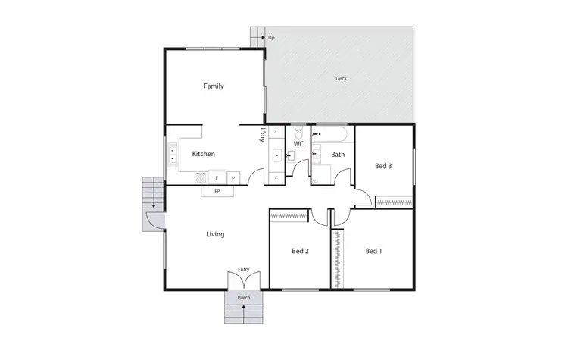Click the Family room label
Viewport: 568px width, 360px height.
[x=214, y=86]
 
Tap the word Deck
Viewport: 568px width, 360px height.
[x=342, y=78]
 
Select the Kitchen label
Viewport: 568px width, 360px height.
[x=203, y=154]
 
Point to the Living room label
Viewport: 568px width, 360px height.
[x=215, y=234]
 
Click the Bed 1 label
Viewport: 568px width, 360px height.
[x=374, y=251]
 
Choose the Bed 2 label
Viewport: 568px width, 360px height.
[x=301, y=251]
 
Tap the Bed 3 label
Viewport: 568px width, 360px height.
[x=383, y=166]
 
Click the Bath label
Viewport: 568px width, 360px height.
[x=338, y=155]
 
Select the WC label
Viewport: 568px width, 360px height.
[x=298, y=144]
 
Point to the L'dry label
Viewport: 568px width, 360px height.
[x=262, y=136]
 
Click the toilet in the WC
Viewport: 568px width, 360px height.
[x=298, y=133]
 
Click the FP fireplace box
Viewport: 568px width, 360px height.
[x=217, y=191]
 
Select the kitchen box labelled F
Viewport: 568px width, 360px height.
[x=217, y=178]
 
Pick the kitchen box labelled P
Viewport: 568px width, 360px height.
[x=233, y=178]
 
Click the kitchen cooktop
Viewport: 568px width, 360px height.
[x=201, y=178]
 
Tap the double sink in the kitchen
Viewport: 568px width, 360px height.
[x=173, y=154]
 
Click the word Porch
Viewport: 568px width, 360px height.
[x=244, y=298]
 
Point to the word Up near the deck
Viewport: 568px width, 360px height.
[x=271, y=37]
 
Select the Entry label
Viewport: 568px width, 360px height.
[x=243, y=269]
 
